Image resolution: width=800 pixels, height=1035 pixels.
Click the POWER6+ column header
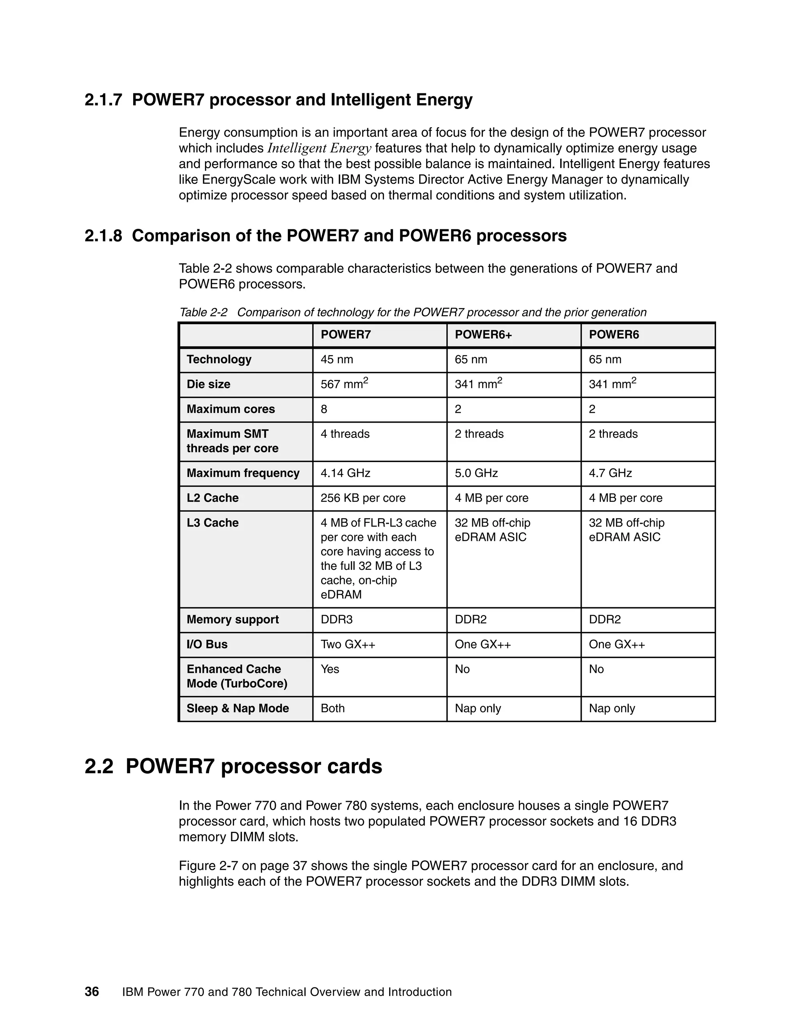point(483,335)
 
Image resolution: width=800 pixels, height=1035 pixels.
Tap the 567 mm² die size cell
point(344,384)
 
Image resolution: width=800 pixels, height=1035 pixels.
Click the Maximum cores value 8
point(324,409)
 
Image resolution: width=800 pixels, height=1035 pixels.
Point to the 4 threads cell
point(345,434)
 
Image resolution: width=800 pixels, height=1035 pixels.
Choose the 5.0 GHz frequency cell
point(476,473)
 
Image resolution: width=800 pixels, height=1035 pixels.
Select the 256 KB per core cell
point(362,498)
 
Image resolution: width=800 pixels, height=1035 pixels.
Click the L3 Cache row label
point(212,523)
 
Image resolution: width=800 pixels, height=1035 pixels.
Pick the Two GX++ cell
point(348,644)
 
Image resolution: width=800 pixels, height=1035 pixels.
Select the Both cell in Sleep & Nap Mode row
point(333,708)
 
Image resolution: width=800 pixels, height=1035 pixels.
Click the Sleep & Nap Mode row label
point(237,708)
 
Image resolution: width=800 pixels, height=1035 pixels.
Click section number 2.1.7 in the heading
point(103,100)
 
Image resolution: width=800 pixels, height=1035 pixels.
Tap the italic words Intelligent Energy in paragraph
point(319,148)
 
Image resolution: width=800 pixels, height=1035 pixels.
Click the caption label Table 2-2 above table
point(203,312)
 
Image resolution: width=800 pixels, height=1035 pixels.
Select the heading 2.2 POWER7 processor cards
point(233,766)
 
